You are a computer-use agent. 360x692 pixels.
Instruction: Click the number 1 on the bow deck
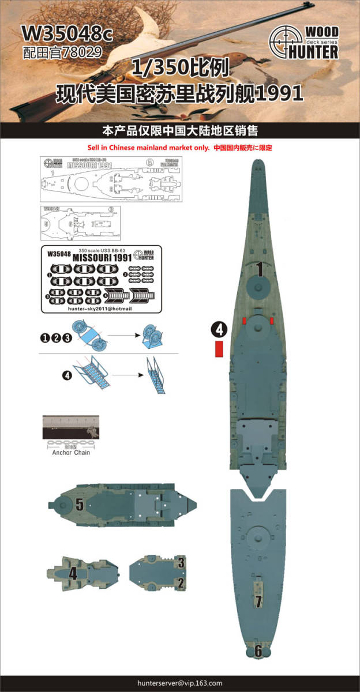pyautogui.click(x=260, y=269)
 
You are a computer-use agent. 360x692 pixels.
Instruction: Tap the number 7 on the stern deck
pyautogui.click(x=258, y=601)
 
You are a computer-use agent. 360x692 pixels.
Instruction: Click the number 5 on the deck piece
pyautogui.click(x=80, y=505)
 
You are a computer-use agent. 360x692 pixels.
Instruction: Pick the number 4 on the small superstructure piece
pyautogui.click(x=73, y=574)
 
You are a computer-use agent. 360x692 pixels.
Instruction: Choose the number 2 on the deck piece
pyautogui.click(x=181, y=583)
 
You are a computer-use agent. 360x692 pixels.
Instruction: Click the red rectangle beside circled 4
pyautogui.click(x=219, y=349)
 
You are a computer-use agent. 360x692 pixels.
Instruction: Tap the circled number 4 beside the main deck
pyautogui.click(x=219, y=329)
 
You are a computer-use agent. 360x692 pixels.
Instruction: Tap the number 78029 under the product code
pyautogui.click(x=76, y=51)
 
